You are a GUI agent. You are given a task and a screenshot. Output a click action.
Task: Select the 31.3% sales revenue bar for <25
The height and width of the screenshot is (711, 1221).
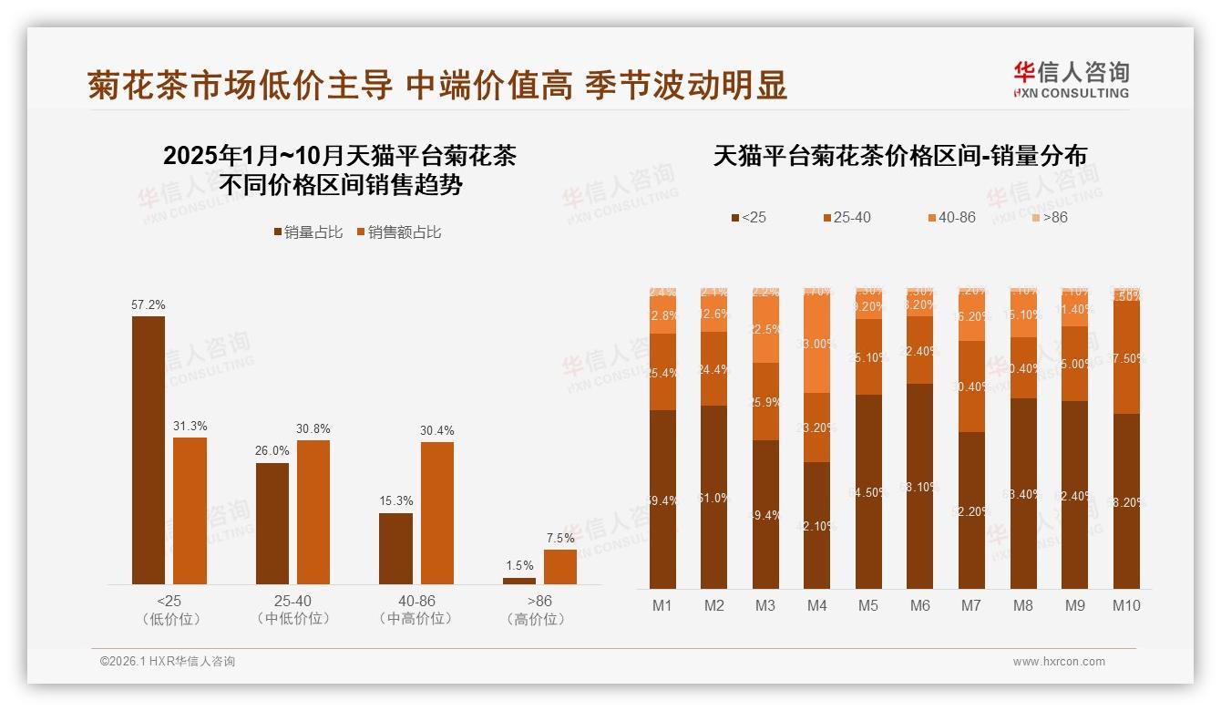pyautogui.click(x=190, y=510)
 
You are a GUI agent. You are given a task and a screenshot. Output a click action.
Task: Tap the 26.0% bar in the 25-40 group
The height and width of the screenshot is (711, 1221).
pyautogui.click(x=272, y=523)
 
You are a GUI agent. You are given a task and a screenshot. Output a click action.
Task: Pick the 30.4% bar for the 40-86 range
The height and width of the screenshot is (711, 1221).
pyautogui.click(x=436, y=512)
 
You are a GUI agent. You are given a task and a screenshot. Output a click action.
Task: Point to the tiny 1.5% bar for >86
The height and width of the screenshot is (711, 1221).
pyautogui.click(x=519, y=581)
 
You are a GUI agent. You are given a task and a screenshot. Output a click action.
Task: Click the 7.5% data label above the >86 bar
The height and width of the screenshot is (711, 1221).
pyautogui.click(x=559, y=538)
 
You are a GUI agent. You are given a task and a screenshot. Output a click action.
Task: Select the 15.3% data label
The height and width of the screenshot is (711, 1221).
pyautogui.click(x=395, y=500)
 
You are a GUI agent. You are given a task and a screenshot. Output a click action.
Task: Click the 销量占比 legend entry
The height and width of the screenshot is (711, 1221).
pyautogui.click(x=308, y=232)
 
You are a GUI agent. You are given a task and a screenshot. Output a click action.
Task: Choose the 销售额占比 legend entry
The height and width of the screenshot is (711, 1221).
pyautogui.click(x=398, y=232)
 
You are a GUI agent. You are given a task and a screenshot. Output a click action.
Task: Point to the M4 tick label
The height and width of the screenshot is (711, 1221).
pyautogui.click(x=816, y=605)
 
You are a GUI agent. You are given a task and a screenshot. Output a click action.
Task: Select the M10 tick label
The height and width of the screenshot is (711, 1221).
pyautogui.click(x=1126, y=605)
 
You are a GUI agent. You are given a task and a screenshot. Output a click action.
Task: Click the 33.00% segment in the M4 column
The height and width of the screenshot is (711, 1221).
pyautogui.click(x=816, y=343)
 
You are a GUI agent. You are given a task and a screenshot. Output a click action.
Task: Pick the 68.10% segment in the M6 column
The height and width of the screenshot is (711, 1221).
pyautogui.click(x=919, y=486)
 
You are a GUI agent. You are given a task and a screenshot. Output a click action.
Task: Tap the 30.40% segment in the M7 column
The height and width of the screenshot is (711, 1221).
pyautogui.click(x=971, y=386)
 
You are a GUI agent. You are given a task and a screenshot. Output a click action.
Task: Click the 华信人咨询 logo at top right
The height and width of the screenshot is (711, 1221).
pyautogui.click(x=1071, y=79)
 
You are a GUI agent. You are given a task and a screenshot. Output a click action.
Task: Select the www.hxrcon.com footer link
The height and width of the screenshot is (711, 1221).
pyautogui.click(x=1059, y=662)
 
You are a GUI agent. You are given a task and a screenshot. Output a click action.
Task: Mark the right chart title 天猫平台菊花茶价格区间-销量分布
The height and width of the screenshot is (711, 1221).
pyautogui.click(x=899, y=156)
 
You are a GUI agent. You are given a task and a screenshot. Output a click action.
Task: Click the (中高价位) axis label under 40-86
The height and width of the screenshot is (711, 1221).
pyautogui.click(x=416, y=619)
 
